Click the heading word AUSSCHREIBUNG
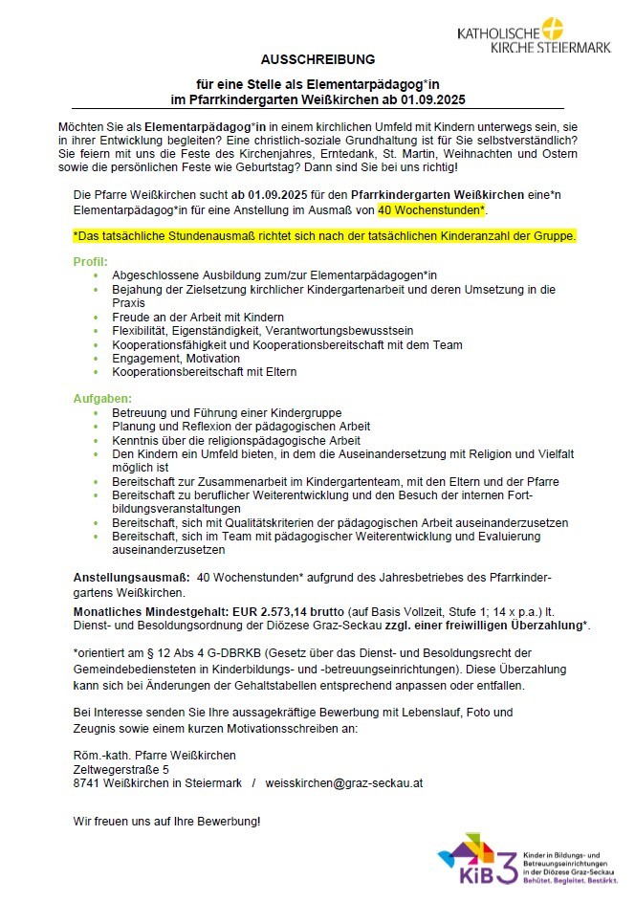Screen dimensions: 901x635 point(319,58)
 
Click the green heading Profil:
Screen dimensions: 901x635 point(91,261)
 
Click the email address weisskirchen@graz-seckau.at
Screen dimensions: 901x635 point(344,782)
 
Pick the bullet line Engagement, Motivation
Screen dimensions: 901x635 point(175,358)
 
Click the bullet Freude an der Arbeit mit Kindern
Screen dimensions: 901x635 point(198,317)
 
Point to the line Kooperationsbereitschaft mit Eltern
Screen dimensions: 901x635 point(204,371)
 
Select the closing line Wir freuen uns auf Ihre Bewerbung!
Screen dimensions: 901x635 point(166,821)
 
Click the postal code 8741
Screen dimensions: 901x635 point(87,782)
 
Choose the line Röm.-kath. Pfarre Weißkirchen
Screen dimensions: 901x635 point(154,755)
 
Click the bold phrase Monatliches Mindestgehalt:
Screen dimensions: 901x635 point(150,610)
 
